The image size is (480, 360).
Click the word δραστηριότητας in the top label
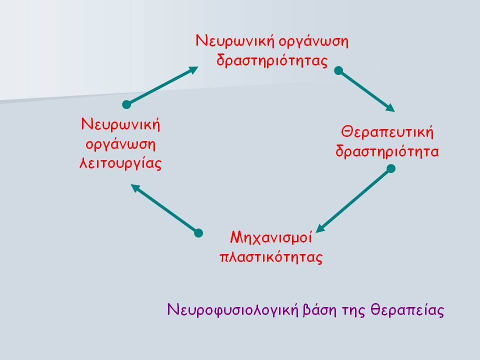(x=272, y=60)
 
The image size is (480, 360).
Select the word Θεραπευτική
(x=387, y=132)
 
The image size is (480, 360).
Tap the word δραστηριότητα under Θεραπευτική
(x=387, y=151)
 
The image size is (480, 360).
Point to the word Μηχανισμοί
(x=271, y=237)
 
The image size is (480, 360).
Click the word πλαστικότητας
(x=271, y=256)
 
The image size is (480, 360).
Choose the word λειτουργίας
(x=120, y=163)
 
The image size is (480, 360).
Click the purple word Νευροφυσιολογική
(x=232, y=310)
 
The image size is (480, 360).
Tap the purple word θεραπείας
(x=407, y=310)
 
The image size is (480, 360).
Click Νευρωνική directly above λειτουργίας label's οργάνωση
(x=120, y=124)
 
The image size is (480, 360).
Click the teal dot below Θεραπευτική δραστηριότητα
(x=391, y=168)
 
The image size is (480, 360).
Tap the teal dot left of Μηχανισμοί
(x=198, y=233)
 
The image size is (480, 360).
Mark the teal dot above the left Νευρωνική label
(x=126, y=104)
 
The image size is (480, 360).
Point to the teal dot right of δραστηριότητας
(x=338, y=70)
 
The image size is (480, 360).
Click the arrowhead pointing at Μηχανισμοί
(x=320, y=228)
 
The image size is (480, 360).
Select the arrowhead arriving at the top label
(x=193, y=70)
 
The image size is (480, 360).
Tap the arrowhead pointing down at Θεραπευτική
(x=390, y=108)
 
